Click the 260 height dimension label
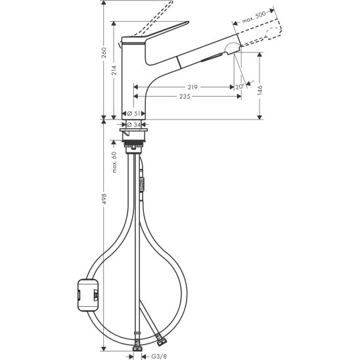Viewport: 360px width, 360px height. (104, 56)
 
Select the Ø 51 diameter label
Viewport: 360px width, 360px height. (134, 113)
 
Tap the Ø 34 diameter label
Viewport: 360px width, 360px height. (134, 124)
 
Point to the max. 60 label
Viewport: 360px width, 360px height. (116, 162)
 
